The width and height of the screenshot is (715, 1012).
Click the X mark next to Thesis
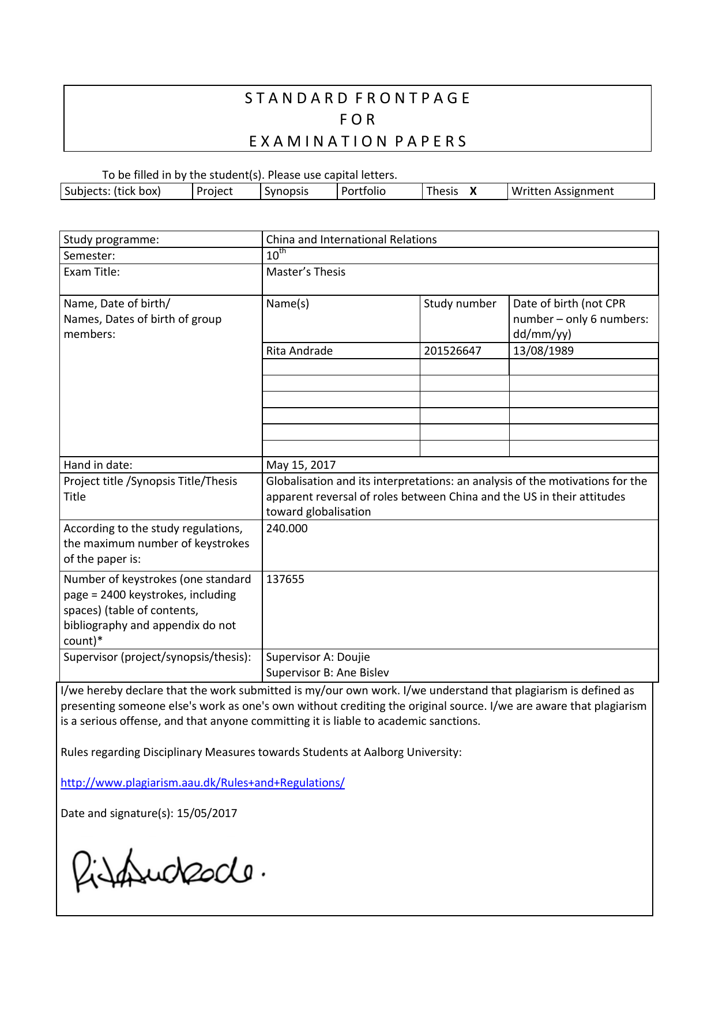tap(473, 191)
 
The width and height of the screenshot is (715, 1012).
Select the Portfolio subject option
tap(363, 191)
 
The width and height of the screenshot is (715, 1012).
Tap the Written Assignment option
tap(562, 191)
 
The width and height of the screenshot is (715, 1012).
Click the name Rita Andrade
tap(299, 351)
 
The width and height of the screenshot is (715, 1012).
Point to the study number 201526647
tap(452, 351)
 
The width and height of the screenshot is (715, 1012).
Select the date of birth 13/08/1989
tap(543, 351)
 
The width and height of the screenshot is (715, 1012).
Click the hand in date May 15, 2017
tap(300, 465)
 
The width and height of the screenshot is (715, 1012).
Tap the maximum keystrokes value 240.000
tap(287, 528)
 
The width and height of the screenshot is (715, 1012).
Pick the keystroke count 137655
tap(285, 579)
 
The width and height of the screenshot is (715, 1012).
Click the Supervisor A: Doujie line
tap(318, 657)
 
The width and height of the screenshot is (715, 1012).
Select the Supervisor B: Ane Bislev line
tap(327, 672)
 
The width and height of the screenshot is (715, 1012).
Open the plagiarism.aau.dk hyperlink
tap(202, 782)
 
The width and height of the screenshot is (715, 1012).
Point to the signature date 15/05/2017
tap(207, 813)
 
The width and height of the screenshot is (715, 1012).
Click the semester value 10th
tap(275, 255)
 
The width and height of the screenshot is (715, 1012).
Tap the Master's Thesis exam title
tap(306, 272)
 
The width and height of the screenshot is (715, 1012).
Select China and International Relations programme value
tap(351, 239)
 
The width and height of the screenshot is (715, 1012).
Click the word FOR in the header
tap(357, 119)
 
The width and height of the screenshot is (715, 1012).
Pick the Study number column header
tap(460, 303)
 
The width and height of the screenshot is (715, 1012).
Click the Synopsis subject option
tap(287, 191)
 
